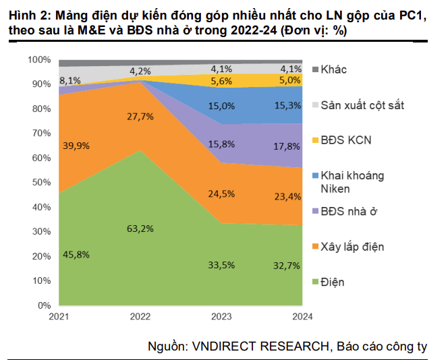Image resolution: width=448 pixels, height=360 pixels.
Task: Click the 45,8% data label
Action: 75,255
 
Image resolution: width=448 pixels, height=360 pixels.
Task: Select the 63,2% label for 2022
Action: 140,228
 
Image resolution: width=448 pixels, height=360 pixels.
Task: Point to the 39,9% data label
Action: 75,145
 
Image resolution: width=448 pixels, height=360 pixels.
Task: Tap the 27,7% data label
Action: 140,117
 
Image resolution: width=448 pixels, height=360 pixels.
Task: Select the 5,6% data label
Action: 222,82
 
